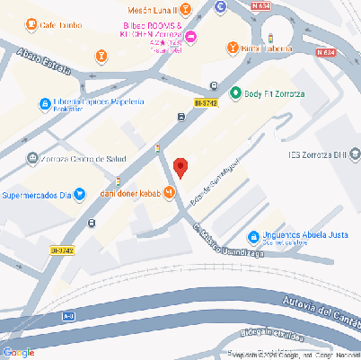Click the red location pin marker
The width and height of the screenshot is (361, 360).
[x=180, y=167]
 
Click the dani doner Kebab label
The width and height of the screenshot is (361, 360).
[x=128, y=194]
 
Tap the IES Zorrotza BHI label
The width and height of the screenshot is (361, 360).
[x=323, y=154]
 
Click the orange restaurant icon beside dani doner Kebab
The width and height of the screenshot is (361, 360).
[x=169, y=194]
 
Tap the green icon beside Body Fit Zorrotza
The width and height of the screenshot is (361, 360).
[x=235, y=92]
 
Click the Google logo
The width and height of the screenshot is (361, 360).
[x=19, y=351]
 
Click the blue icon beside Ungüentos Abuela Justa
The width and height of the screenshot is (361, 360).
[x=254, y=232]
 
